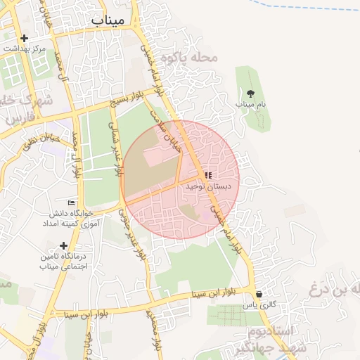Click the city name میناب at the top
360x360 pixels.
click(x=108, y=20)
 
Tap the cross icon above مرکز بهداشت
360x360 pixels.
click(x=25, y=38)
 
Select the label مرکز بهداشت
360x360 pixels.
click(x=25, y=49)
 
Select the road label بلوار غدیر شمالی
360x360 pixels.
click(x=116, y=144)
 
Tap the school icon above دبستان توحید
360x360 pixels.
click(x=208, y=175)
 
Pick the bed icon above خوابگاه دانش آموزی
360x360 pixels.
click(x=71, y=202)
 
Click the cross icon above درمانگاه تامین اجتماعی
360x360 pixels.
click(x=64, y=245)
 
